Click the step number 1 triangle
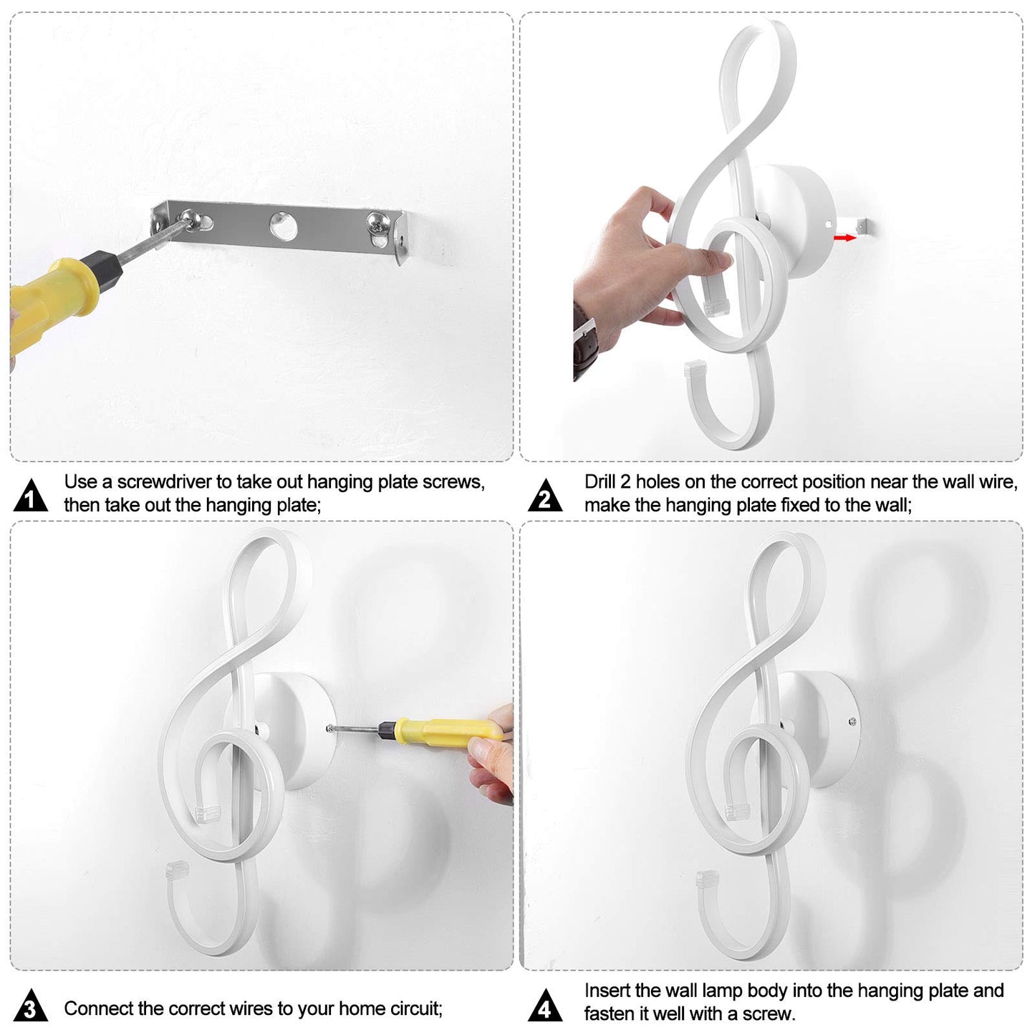click(31, 496)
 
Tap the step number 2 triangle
click(545, 496)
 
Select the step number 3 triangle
click(31, 1006)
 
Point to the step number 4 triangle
click(545, 1006)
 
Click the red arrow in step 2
click(845, 237)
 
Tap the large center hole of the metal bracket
click(283, 226)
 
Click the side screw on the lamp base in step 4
click(852, 722)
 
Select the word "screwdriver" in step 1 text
click(164, 482)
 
